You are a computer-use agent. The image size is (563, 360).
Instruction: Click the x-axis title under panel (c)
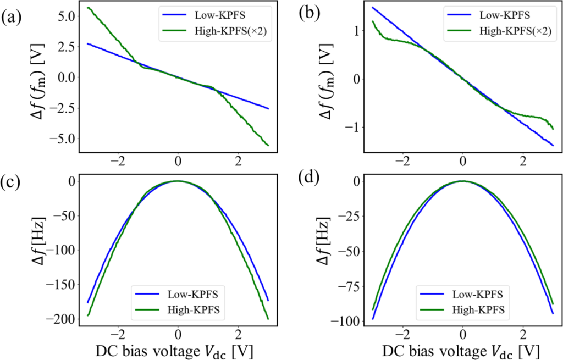[178, 351]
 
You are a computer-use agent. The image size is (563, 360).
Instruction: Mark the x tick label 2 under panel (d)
[523, 334]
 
